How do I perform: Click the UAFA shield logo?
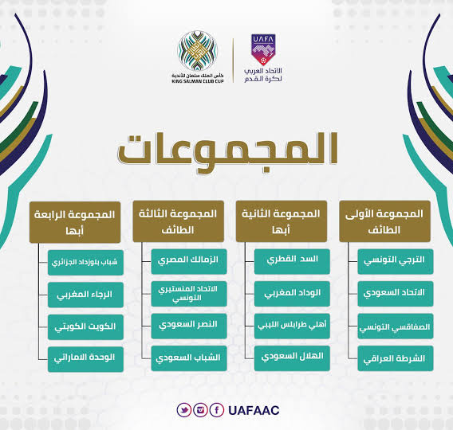[263, 49]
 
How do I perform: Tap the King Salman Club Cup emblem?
[197, 50]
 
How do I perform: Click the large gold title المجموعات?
[227, 152]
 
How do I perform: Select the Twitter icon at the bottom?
[183, 410]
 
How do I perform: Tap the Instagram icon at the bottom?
[200, 410]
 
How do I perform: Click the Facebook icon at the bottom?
[217, 410]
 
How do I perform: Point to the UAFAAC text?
[254, 410]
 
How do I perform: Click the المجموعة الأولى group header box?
[384, 221]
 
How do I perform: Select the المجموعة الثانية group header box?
[281, 221]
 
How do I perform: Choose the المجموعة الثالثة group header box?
[179, 221]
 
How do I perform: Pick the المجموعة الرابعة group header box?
[75, 222]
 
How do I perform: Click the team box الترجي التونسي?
[396, 261]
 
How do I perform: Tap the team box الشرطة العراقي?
[396, 358]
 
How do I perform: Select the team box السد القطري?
[292, 261]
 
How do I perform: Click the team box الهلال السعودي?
[292, 358]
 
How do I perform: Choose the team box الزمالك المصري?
[189, 261]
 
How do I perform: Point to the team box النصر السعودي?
[189, 326]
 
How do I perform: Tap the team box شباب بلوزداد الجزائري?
[85, 263]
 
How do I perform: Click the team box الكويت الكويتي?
[85, 327]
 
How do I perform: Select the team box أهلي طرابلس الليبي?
[292, 326]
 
